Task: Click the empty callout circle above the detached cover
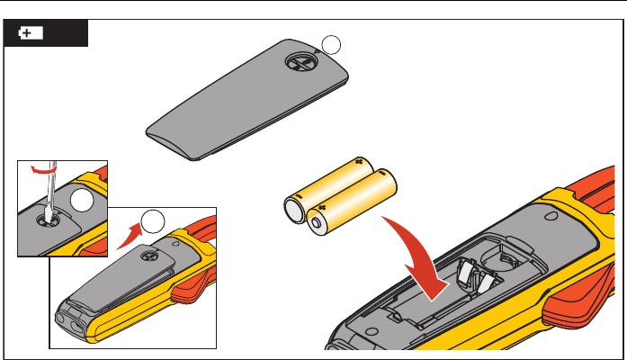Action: (332, 43)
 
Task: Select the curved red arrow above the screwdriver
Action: (40, 168)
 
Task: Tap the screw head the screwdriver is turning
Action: (45, 214)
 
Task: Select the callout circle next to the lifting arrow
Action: (156, 220)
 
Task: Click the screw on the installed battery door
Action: (144, 257)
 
